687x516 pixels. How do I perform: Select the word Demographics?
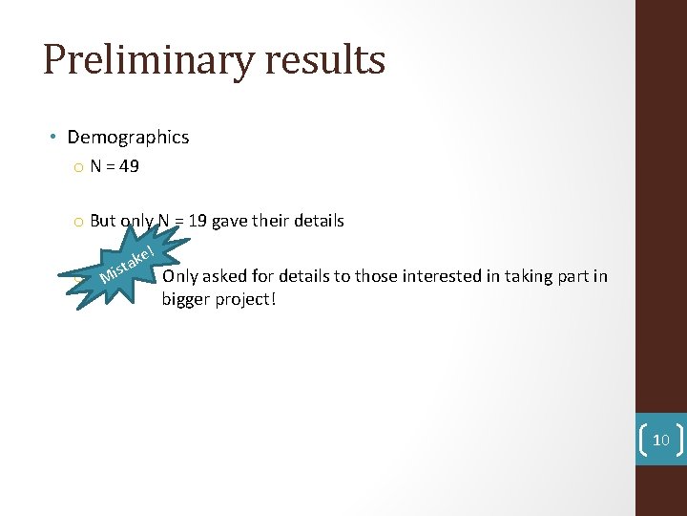[128, 138]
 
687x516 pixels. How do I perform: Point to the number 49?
[129, 167]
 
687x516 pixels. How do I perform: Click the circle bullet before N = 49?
[76, 168]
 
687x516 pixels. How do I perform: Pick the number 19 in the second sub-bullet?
[198, 222]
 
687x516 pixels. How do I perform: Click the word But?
[103, 222]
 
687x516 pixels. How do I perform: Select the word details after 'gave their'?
[319, 222]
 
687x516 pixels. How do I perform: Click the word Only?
[179, 277]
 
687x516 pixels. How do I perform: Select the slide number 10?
[660, 441]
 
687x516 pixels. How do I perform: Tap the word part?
[572, 277]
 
